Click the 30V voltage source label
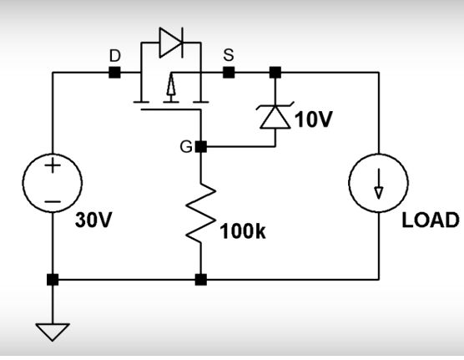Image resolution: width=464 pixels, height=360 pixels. [x=93, y=221]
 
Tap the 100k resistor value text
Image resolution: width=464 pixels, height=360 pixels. [x=243, y=231]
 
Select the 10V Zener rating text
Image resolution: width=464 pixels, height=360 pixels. [x=314, y=119]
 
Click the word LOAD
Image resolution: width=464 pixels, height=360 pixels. [x=431, y=221]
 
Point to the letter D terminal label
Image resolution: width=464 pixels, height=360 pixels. [x=115, y=55]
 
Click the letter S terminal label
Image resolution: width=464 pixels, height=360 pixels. [x=229, y=55]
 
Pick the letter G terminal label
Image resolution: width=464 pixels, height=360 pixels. [x=186, y=147]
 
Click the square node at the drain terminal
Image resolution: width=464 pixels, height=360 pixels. [x=115, y=73]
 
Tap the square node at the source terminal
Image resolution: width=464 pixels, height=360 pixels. [x=229, y=73]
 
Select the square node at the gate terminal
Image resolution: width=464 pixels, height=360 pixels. [x=201, y=147]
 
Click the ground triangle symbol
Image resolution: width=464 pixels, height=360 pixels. [x=53, y=332]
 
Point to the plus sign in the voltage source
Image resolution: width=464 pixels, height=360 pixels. [x=53, y=165]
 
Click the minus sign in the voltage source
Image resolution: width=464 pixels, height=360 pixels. [x=53, y=202]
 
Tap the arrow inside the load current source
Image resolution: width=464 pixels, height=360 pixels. [x=379, y=184]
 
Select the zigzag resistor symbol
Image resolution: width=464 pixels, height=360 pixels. [x=201, y=213]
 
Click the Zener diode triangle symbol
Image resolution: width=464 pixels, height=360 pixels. [x=275, y=117]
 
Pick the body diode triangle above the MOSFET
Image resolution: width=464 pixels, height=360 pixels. [x=170, y=43]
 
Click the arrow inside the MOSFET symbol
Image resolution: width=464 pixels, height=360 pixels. [x=171, y=84]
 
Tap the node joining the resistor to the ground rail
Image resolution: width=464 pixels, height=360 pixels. [x=201, y=280]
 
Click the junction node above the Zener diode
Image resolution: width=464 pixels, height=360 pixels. [x=275, y=73]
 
